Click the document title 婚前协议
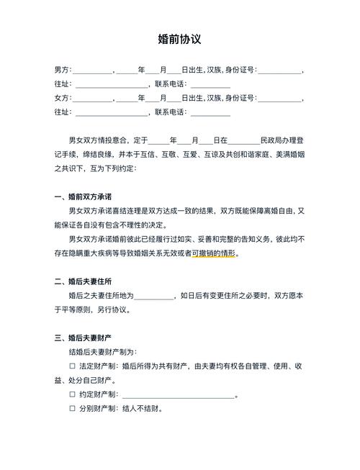[179, 39]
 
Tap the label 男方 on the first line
[62, 70]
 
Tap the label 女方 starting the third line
[62, 98]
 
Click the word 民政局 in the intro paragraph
[271, 140]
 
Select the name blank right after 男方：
[93, 70]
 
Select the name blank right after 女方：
[93, 98]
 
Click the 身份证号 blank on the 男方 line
[280, 70]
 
